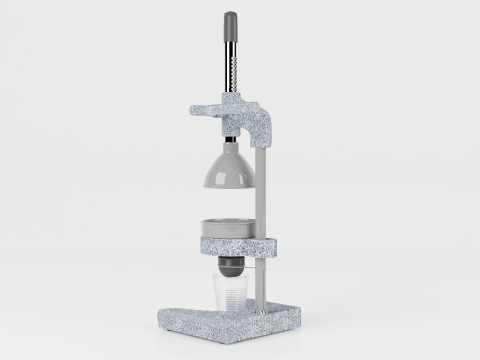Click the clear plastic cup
(229, 293)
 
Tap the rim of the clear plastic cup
(229, 278)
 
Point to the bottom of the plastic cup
(229, 310)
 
